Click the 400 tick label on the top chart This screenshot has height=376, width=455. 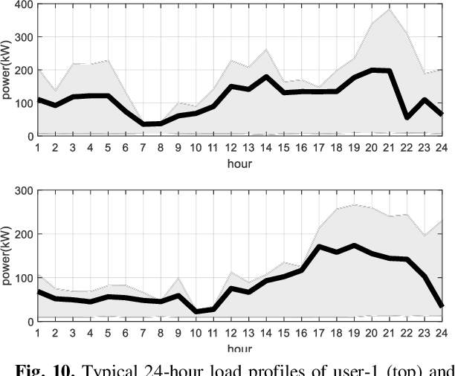(x=18, y=4)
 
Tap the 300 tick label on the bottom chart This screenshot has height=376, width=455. (x=18, y=190)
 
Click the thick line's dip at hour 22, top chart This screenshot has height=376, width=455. (x=406, y=117)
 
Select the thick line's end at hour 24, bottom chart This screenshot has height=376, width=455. (x=442, y=305)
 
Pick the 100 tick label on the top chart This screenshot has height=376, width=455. (x=18, y=104)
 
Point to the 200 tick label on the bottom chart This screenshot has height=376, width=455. (x=18, y=234)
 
